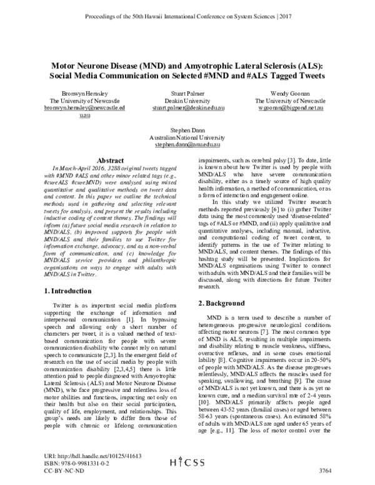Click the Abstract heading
pos(106,159)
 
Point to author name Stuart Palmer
pos(188,92)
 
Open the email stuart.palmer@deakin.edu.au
pos(188,107)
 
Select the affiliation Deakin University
pos(188,100)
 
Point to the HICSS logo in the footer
pos(188,462)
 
